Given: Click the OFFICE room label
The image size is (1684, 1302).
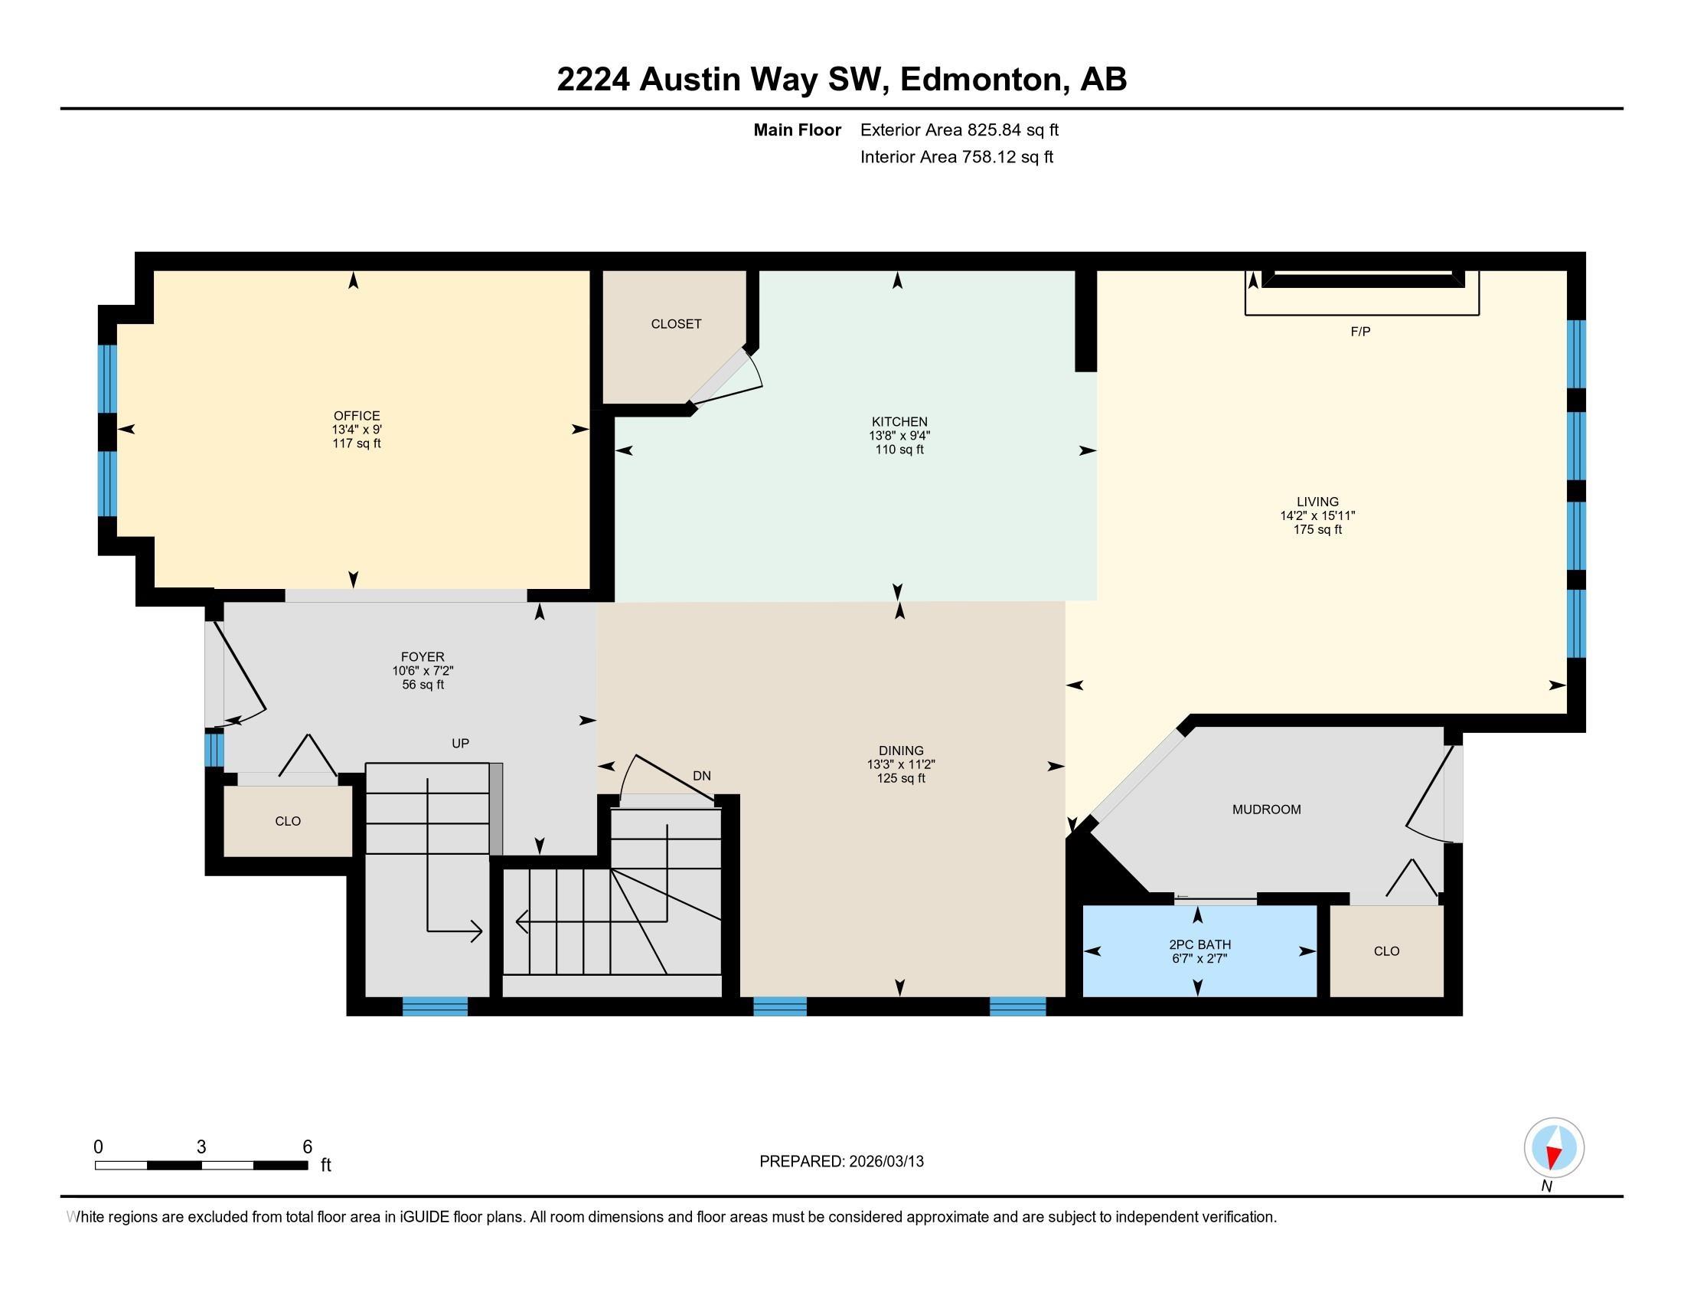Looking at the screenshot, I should (356, 416).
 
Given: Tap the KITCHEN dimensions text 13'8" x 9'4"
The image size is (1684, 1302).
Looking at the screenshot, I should (899, 436).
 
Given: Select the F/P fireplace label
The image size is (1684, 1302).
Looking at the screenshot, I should (1360, 332).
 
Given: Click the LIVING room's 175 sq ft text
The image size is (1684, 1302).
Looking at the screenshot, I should (1317, 530).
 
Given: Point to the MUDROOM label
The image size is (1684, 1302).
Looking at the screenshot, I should (1266, 809).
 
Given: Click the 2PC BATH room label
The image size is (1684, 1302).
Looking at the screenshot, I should (1199, 944).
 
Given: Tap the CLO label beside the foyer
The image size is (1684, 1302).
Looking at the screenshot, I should (288, 822).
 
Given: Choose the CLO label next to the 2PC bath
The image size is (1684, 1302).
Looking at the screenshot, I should (1385, 951).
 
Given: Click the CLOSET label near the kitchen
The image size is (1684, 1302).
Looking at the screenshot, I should (675, 324).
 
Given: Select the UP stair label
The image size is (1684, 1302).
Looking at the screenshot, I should (460, 744).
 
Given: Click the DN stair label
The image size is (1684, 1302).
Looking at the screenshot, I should (701, 776).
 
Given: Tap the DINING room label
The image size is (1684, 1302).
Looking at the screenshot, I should (901, 751).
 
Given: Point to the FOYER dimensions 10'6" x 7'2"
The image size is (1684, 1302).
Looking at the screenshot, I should (423, 671).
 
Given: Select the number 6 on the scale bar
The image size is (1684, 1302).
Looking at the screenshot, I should (307, 1147).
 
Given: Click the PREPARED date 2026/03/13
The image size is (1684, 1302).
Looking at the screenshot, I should (885, 1162).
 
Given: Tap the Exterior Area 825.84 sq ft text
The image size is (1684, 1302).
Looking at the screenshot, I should (959, 130).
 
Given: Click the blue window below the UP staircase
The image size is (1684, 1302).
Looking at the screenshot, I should (435, 1006).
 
